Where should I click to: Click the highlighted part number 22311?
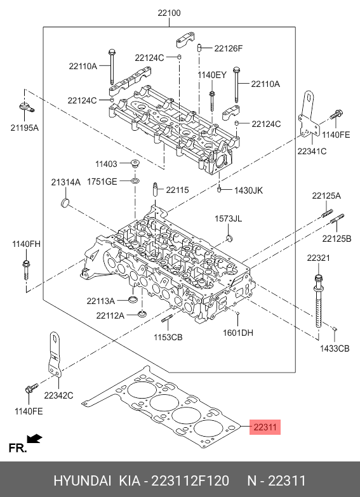(x=265, y=427)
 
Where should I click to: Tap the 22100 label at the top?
(x=169, y=13)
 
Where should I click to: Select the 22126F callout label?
(x=229, y=48)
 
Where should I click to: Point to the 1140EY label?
(x=212, y=75)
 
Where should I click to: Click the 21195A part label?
(x=24, y=128)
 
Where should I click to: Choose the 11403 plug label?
(x=106, y=164)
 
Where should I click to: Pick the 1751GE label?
(x=102, y=182)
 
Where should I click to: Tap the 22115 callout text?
(x=177, y=190)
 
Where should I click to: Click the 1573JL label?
(x=229, y=218)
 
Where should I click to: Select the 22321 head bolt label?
(x=319, y=258)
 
